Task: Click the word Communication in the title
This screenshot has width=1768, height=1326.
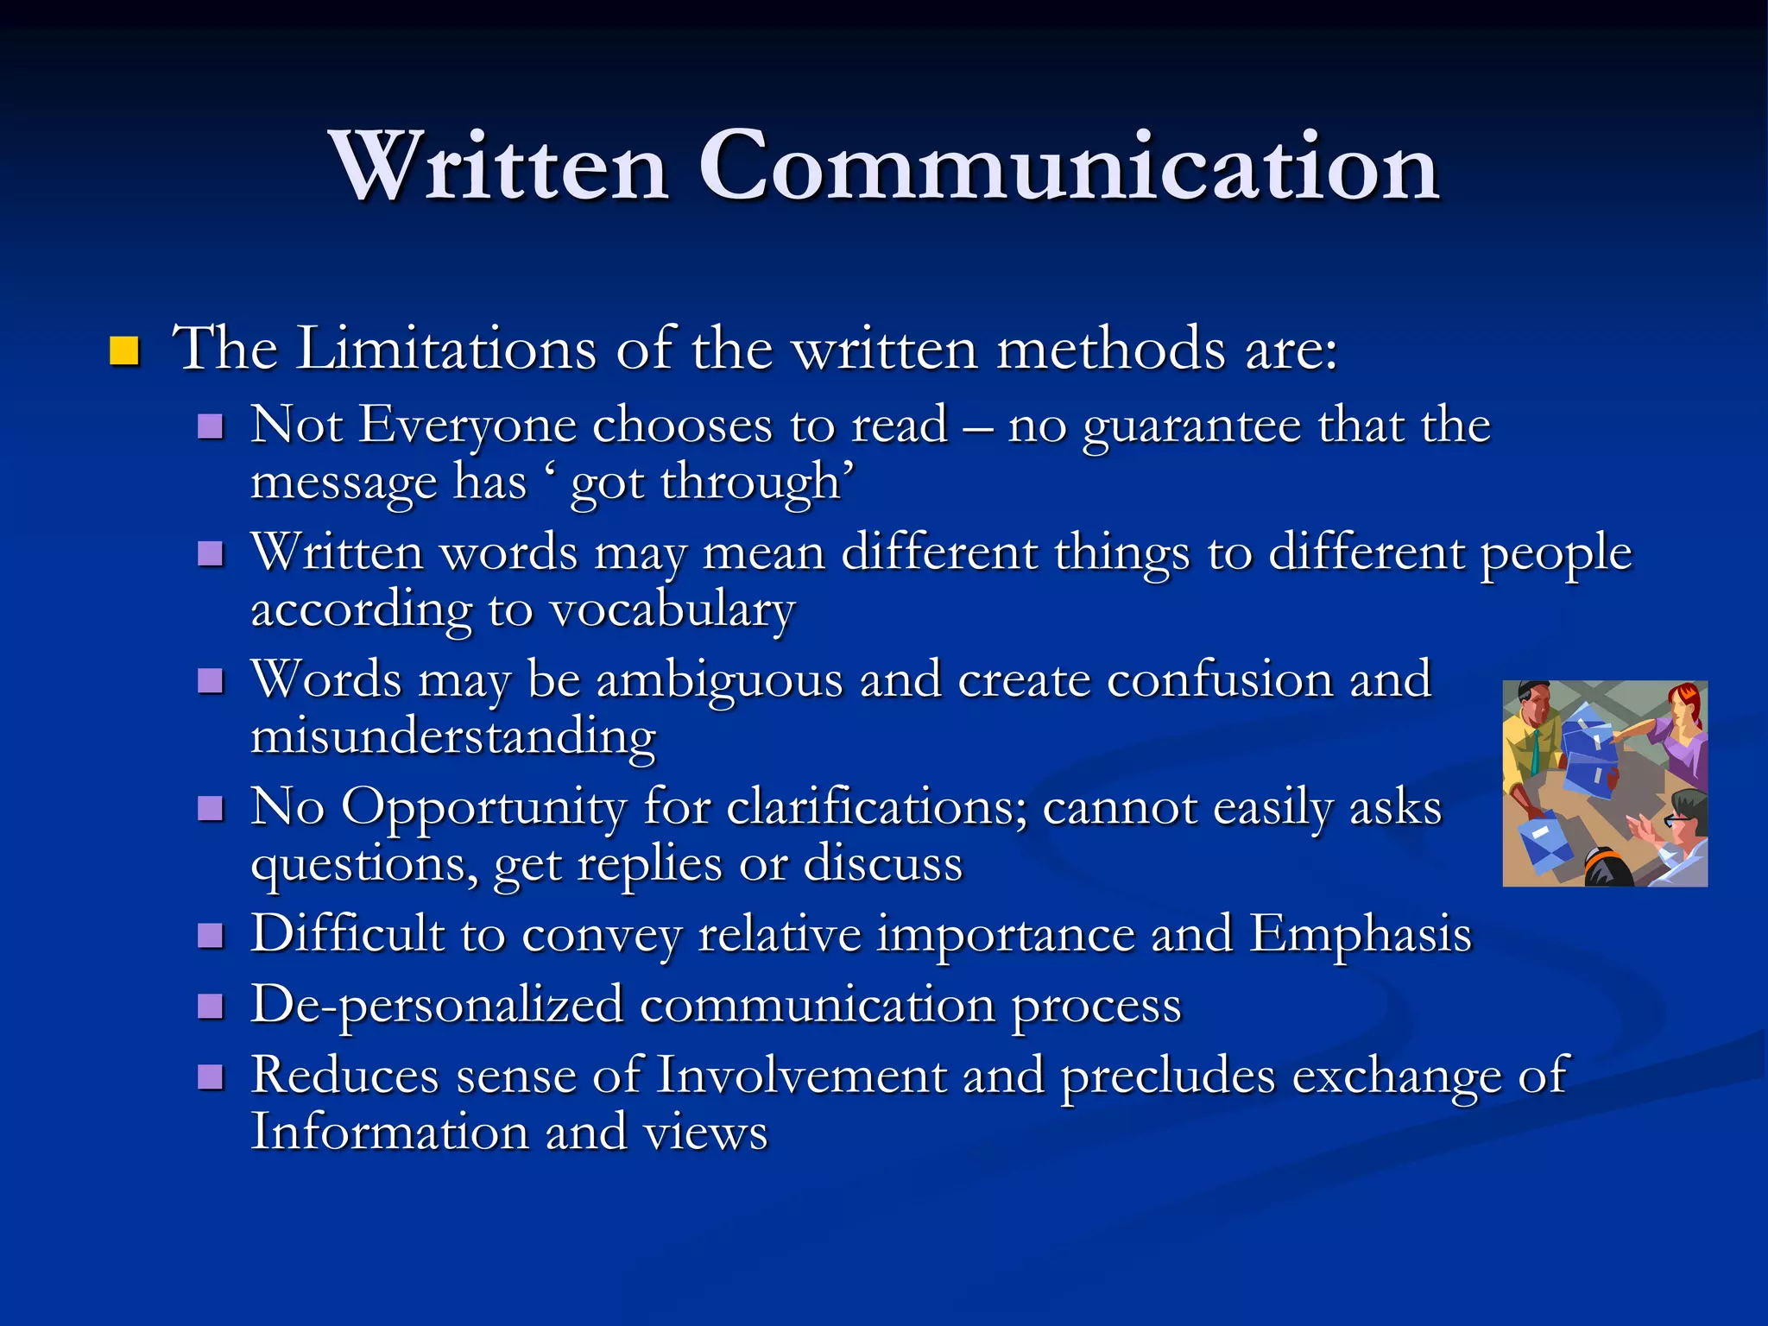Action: (x=1068, y=166)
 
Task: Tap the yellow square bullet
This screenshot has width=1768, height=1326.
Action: (x=125, y=351)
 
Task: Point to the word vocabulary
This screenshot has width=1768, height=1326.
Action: (x=672, y=610)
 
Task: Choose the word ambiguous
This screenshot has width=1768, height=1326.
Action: (x=719, y=680)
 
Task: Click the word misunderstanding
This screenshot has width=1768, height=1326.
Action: (x=453, y=736)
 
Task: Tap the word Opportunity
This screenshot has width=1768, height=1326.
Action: (x=483, y=809)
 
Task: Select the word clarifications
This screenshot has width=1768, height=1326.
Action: (x=877, y=807)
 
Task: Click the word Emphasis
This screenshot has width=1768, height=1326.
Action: (x=1361, y=934)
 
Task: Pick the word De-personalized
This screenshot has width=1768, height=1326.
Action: (x=437, y=1005)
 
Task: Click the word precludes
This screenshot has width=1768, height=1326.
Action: (x=1168, y=1076)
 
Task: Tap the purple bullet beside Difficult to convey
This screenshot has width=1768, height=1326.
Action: (x=211, y=936)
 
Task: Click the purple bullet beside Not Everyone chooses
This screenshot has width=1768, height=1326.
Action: (x=211, y=426)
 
